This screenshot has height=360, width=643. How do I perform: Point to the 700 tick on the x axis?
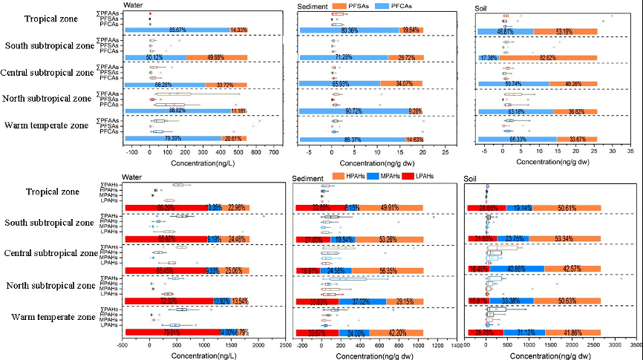pos(272,152)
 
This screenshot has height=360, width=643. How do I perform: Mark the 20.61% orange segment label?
pos(235,138)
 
